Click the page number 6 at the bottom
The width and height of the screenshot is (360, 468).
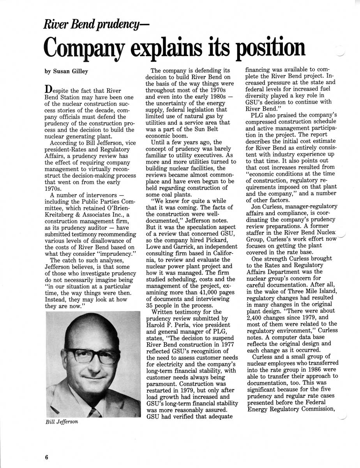point(46,457)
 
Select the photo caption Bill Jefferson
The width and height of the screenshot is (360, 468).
point(62,422)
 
